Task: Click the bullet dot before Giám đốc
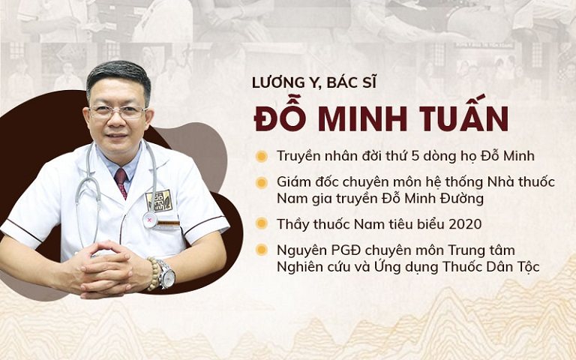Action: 262,182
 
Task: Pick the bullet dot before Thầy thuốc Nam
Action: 262,223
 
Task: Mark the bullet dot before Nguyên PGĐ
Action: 262,250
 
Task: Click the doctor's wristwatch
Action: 166,275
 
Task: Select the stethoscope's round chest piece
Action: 150,220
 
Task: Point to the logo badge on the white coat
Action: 158,199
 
